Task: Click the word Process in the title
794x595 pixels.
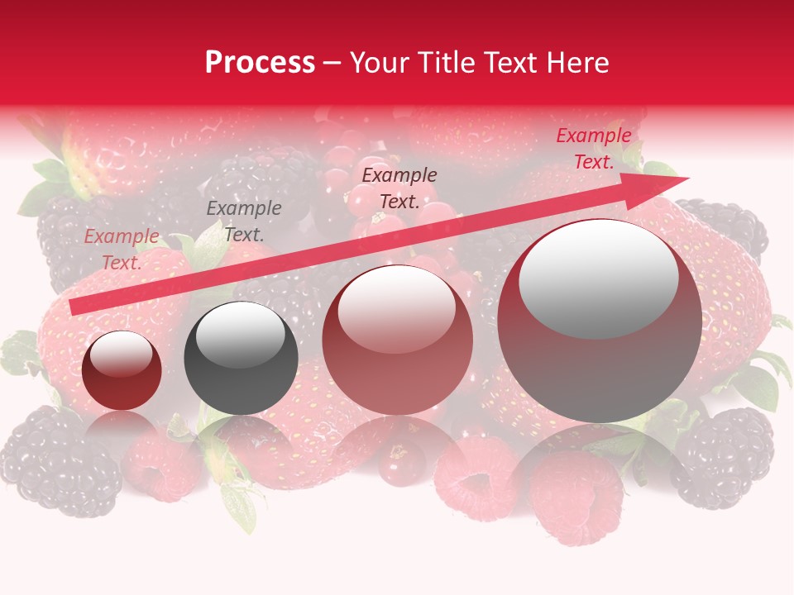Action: click(x=260, y=63)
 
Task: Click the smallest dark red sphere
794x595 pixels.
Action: click(x=122, y=371)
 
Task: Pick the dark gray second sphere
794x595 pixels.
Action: click(x=241, y=359)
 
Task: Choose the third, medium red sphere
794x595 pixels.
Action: click(x=398, y=340)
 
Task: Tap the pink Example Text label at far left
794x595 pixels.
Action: click(x=122, y=250)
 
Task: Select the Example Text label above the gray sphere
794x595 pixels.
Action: click(x=243, y=221)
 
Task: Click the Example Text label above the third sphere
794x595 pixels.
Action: click(x=399, y=188)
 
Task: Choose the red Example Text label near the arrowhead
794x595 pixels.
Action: click(x=593, y=149)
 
